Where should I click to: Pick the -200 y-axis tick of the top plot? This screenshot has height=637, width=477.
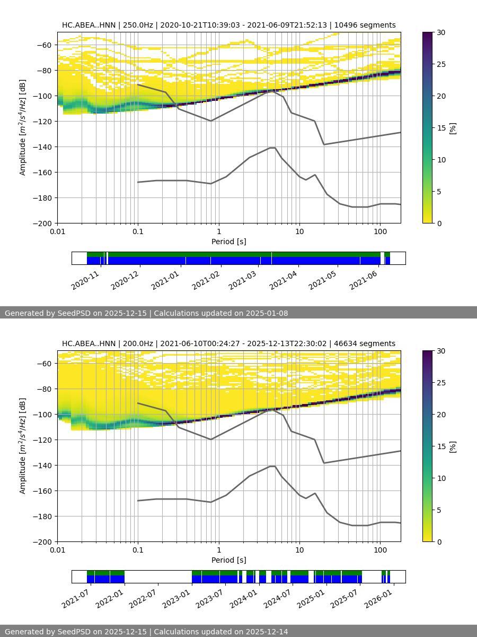pyautogui.click(x=44, y=223)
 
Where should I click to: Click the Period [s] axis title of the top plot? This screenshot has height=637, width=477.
pyautogui.click(x=229, y=242)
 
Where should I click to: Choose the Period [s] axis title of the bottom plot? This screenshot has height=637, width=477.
pyautogui.click(x=229, y=560)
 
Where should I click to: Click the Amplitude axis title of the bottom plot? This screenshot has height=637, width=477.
pyautogui.click(x=22, y=446)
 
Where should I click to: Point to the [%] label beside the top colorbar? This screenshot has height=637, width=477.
pyautogui.click(x=453, y=128)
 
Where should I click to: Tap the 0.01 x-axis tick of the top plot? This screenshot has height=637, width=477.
pyautogui.click(x=58, y=231)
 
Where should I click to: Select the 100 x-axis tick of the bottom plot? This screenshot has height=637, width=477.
pyautogui.click(x=379, y=550)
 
